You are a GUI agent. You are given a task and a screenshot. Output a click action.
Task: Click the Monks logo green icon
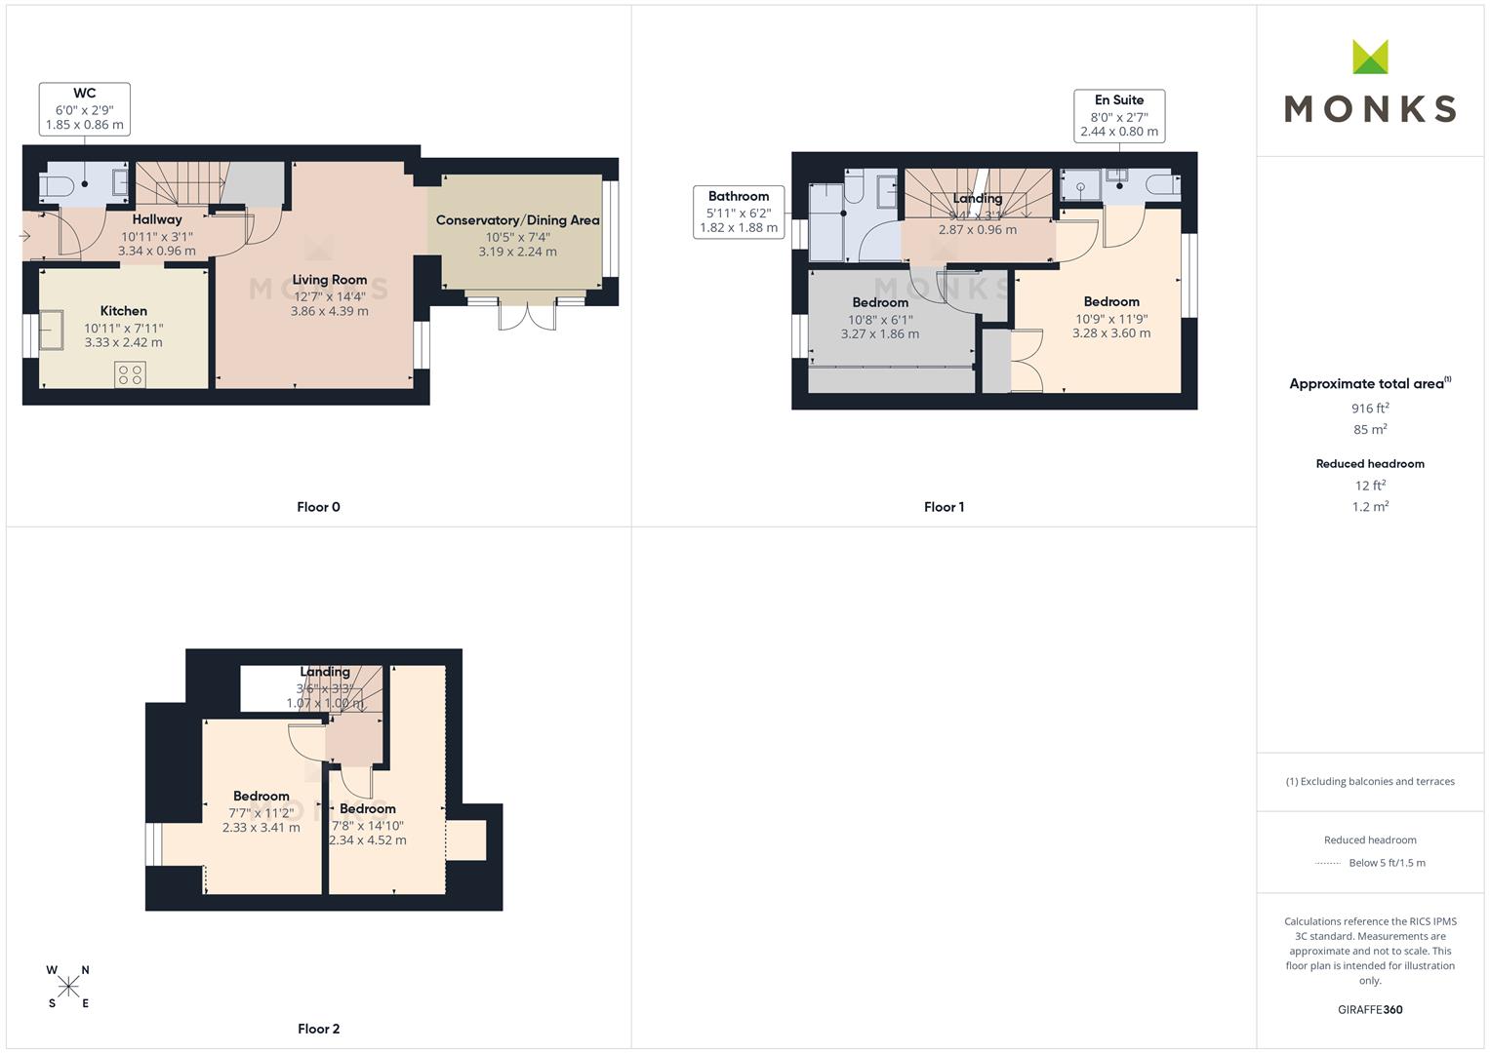[1369, 57]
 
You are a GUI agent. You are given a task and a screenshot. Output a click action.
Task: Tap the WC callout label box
[85, 109]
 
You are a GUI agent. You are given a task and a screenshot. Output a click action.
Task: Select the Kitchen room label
[124, 311]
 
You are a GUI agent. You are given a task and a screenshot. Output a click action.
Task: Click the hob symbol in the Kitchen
[130, 373]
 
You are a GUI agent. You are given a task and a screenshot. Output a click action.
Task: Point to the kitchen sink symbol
[51, 330]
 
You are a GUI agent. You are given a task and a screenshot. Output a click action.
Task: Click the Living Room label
[330, 280]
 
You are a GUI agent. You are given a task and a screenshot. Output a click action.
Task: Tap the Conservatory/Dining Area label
[517, 220]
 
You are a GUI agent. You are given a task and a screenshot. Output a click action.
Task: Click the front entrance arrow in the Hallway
[24, 236]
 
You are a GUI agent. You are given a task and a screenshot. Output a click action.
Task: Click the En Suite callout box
[1119, 115]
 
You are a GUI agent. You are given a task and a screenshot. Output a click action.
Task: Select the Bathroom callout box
[739, 212]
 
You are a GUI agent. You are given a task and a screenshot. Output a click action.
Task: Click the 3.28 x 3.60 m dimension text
[1111, 333]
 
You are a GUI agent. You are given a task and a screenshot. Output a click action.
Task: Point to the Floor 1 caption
[944, 507]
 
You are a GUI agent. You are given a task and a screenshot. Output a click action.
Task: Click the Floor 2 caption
[319, 1029]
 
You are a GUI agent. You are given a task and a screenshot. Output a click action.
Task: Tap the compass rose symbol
[68, 987]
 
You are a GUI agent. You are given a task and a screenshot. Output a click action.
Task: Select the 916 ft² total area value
[1370, 409]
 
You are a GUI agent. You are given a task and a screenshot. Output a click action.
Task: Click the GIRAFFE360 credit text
[1370, 1010]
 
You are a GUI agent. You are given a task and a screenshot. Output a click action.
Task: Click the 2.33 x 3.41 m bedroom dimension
[261, 828]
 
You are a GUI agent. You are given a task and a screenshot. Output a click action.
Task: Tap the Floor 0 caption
[319, 507]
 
